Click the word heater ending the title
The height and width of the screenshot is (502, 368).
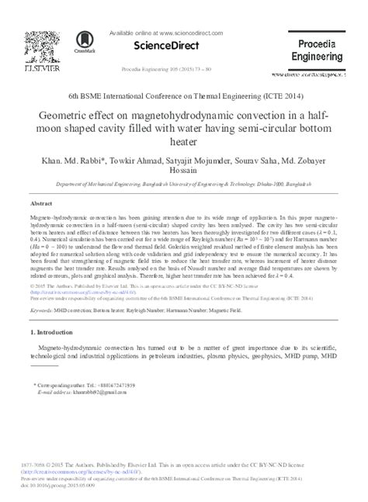pyautogui.click(x=184, y=144)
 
